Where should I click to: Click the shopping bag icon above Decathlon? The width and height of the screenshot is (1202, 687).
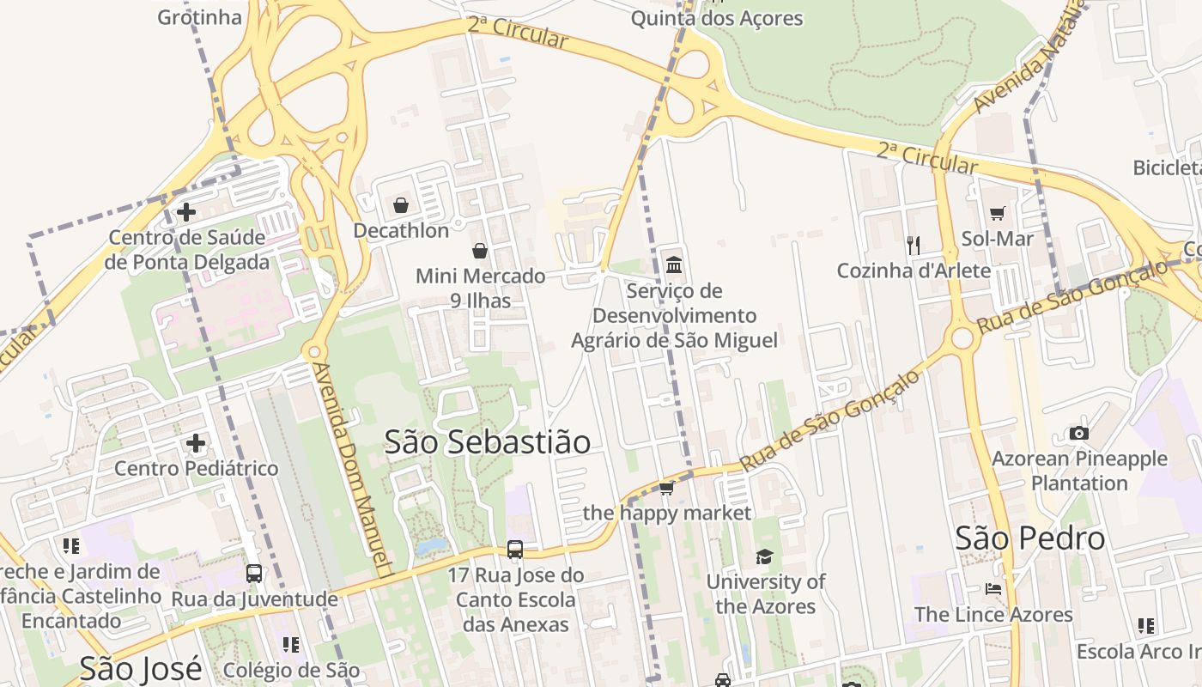400,205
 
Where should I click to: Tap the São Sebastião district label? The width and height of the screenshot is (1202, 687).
487,441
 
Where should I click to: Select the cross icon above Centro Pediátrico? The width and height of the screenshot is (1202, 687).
196,443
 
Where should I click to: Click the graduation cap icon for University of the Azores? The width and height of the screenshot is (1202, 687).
764,557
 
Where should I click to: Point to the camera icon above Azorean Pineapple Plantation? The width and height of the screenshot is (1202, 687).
1079,434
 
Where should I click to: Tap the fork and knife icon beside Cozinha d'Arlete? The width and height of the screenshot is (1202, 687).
914,246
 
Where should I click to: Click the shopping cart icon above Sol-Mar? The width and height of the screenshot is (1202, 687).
997,213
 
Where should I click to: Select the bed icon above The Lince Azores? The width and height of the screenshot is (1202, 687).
993,590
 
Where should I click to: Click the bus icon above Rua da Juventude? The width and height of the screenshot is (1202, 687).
254,574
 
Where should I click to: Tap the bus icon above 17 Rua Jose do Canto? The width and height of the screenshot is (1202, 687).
515,550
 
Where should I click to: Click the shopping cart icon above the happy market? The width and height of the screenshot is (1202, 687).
666,489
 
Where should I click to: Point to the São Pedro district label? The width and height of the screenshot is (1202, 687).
1030,538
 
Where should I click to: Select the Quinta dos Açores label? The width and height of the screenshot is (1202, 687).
717,18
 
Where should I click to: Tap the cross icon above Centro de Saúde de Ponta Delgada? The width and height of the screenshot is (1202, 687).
185,211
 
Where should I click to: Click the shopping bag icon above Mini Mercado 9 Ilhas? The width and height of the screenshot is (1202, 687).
480,251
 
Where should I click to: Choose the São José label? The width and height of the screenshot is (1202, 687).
140,667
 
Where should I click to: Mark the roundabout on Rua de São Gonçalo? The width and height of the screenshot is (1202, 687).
962,338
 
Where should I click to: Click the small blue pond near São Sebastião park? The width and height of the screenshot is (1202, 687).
431,546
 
